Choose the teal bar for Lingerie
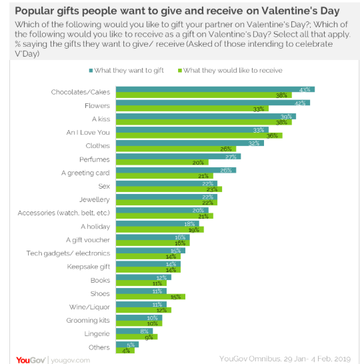[x=134, y=331]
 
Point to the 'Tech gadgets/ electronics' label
[x=69, y=253]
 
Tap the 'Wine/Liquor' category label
[x=90, y=307]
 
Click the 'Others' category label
[x=100, y=347]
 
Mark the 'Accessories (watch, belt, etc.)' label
[x=64, y=213]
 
